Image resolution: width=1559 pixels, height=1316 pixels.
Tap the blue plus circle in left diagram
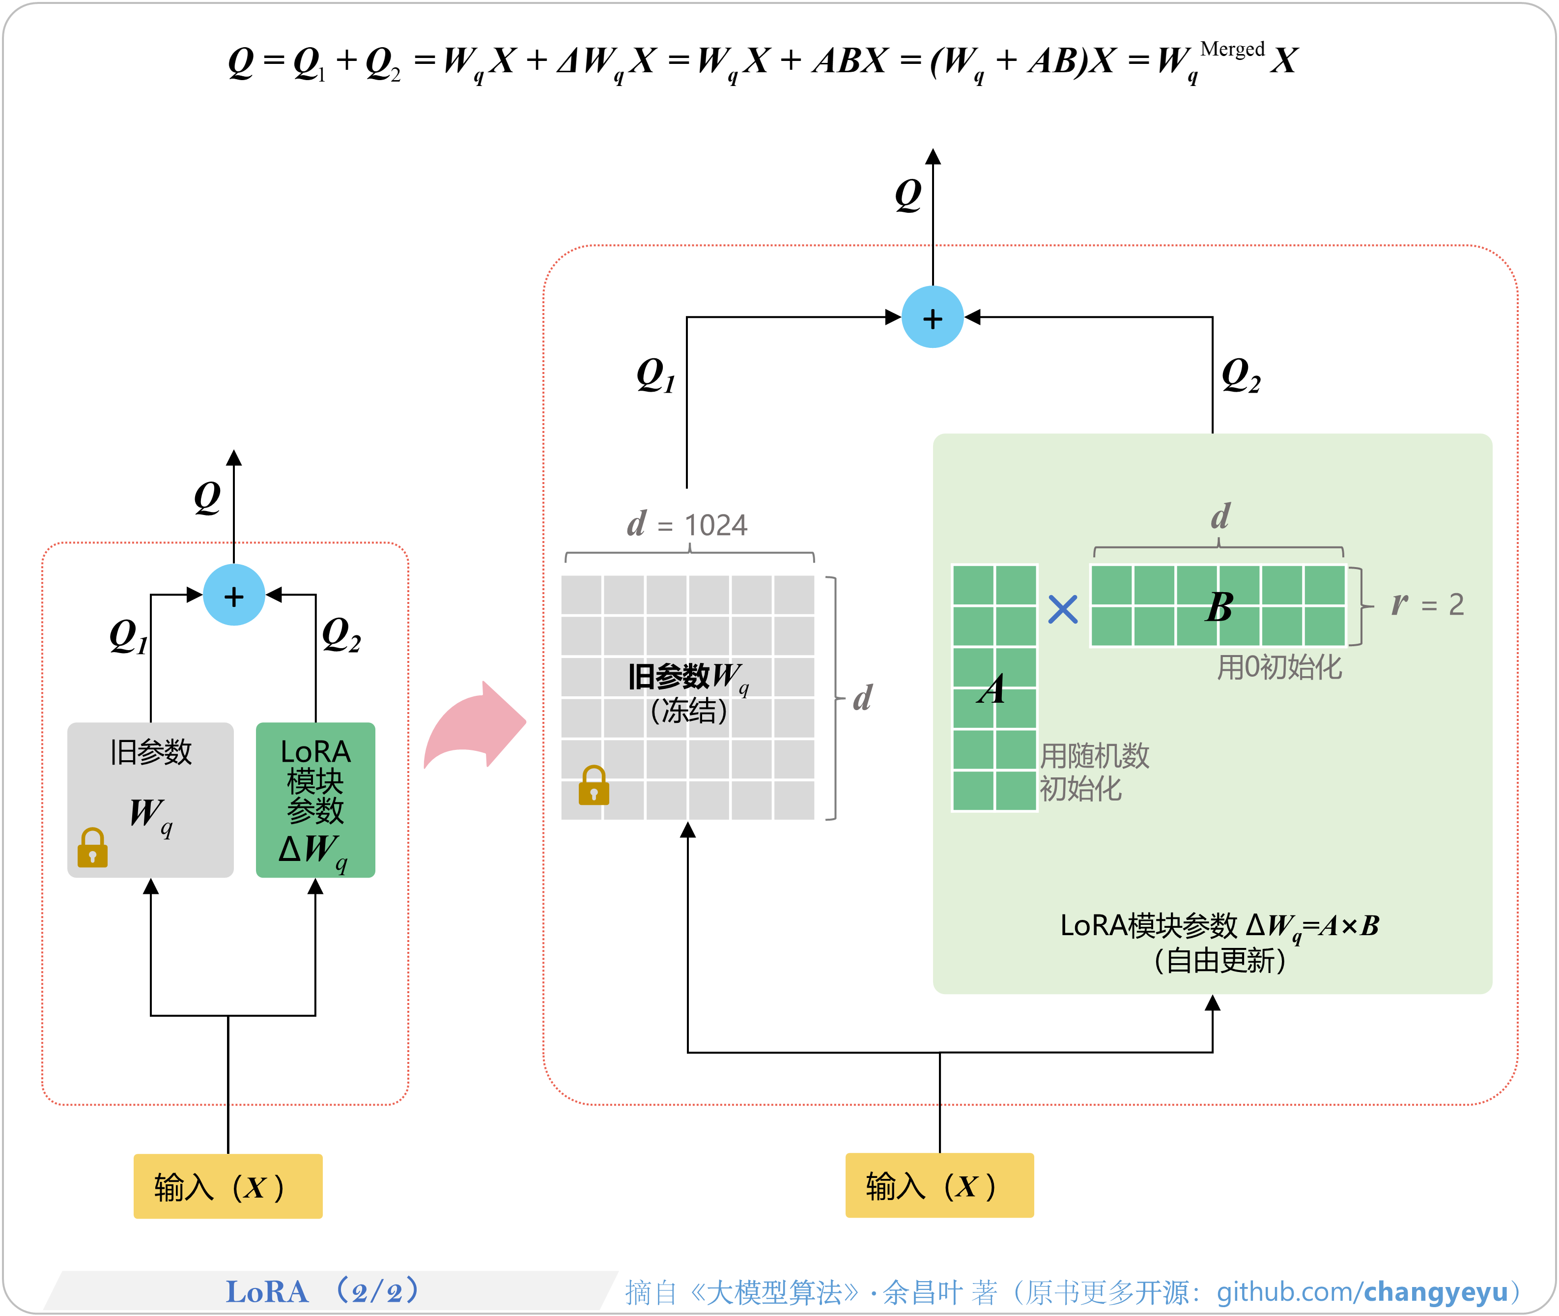point(234,595)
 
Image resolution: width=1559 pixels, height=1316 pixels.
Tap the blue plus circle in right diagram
point(933,318)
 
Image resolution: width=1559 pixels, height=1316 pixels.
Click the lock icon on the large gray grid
point(594,786)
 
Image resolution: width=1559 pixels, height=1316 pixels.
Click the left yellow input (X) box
point(227,1186)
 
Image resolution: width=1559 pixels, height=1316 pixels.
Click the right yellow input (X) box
point(939,1185)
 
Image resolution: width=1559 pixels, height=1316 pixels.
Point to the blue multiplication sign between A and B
point(1062,609)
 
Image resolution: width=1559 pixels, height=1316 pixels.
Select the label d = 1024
point(687,524)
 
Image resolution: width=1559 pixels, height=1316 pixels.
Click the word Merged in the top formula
point(1232,49)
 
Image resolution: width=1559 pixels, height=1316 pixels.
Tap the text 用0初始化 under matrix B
point(1279,667)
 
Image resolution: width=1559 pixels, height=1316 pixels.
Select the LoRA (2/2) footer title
point(322,1290)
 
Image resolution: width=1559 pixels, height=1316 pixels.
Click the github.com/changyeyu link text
point(1362,1291)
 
